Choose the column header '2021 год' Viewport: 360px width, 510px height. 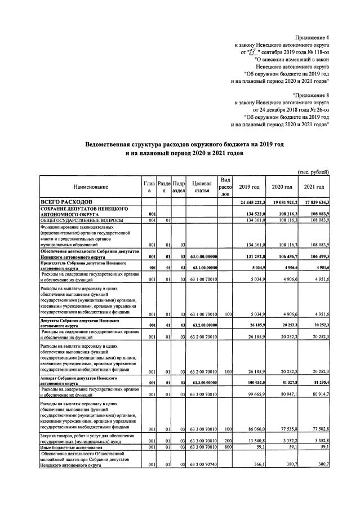point(314,187)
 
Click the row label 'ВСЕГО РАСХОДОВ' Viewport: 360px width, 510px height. point(64,202)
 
